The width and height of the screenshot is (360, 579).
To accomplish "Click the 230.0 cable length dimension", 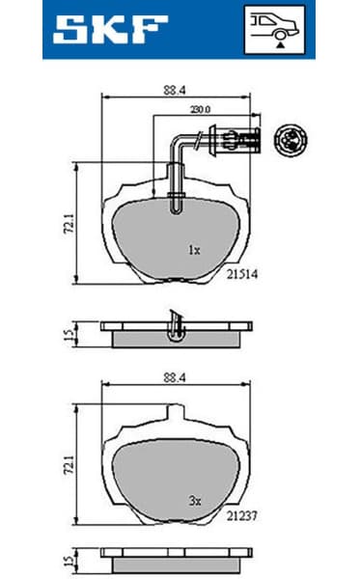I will coord(201,109).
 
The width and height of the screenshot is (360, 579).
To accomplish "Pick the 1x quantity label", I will coord(193,250).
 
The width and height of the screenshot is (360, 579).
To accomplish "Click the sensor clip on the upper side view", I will coord(175,326).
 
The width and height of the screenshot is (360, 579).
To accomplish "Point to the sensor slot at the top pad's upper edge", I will coord(175,204).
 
